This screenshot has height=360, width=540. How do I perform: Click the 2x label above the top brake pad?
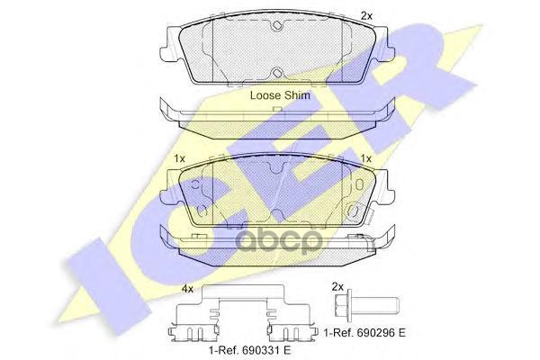pos(366,15)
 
